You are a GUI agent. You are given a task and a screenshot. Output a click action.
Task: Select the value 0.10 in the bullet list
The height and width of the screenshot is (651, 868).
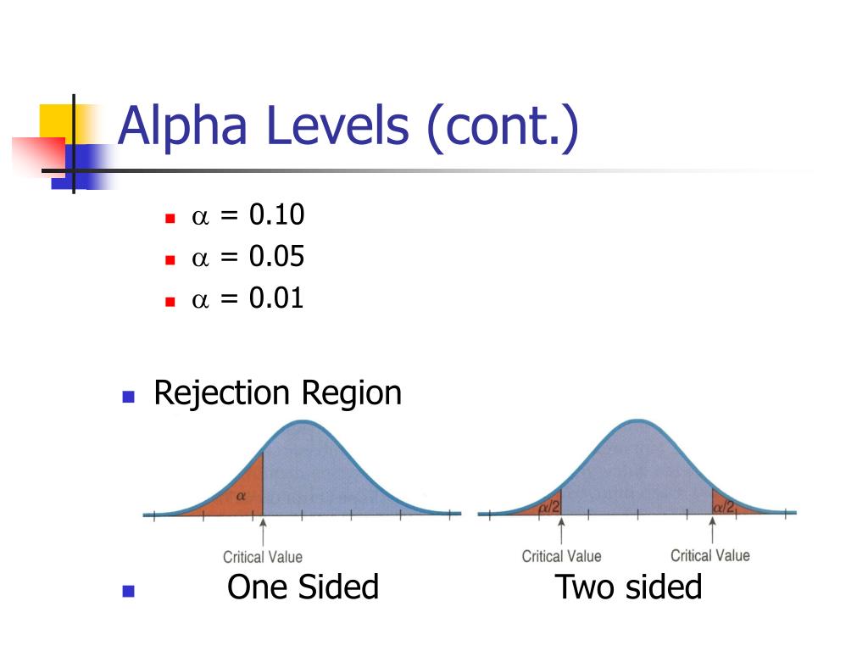pyautogui.click(x=276, y=215)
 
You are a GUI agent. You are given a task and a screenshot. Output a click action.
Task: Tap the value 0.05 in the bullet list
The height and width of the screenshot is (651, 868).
pyautogui.click(x=276, y=257)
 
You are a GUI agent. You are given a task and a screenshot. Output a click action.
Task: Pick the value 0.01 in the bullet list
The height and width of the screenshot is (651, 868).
pyautogui.click(x=276, y=298)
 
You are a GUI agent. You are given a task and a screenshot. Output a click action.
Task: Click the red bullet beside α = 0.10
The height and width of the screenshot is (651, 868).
pyautogui.click(x=170, y=218)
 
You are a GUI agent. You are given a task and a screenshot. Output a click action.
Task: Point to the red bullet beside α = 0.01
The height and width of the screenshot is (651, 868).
pyautogui.click(x=170, y=301)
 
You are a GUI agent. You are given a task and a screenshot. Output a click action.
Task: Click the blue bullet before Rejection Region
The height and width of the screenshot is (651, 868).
pyautogui.click(x=129, y=396)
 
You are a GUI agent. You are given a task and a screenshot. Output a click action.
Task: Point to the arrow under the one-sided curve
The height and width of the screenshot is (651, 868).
pyautogui.click(x=263, y=532)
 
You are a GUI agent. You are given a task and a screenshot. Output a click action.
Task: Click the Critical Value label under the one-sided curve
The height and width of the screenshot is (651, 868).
pyautogui.click(x=263, y=557)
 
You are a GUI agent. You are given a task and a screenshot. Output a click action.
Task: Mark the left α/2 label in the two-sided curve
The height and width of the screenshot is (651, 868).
pyautogui.click(x=550, y=506)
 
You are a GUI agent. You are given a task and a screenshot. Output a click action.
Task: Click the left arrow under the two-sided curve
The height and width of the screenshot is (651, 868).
pyautogui.click(x=561, y=532)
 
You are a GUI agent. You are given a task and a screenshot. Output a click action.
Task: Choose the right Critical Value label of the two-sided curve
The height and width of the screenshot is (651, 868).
pyautogui.click(x=710, y=555)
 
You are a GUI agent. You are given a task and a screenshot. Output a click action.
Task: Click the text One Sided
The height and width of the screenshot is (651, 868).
pyautogui.click(x=303, y=587)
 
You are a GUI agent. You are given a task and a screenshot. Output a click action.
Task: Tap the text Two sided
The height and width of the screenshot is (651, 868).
pyautogui.click(x=628, y=587)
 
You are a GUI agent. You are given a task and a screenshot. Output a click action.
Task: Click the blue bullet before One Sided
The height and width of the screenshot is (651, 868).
pyautogui.click(x=129, y=591)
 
